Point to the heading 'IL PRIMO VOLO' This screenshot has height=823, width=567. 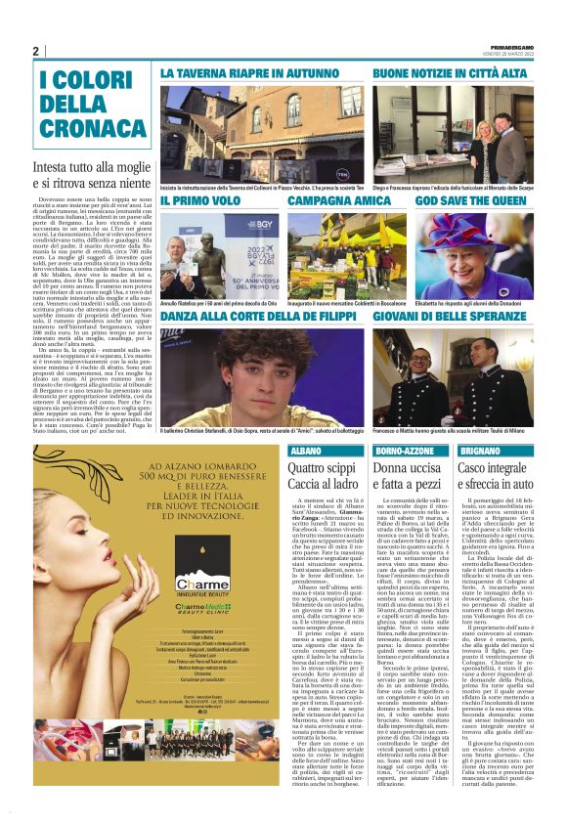pos(200,200)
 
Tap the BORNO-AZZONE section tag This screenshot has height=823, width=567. pos(402,451)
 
